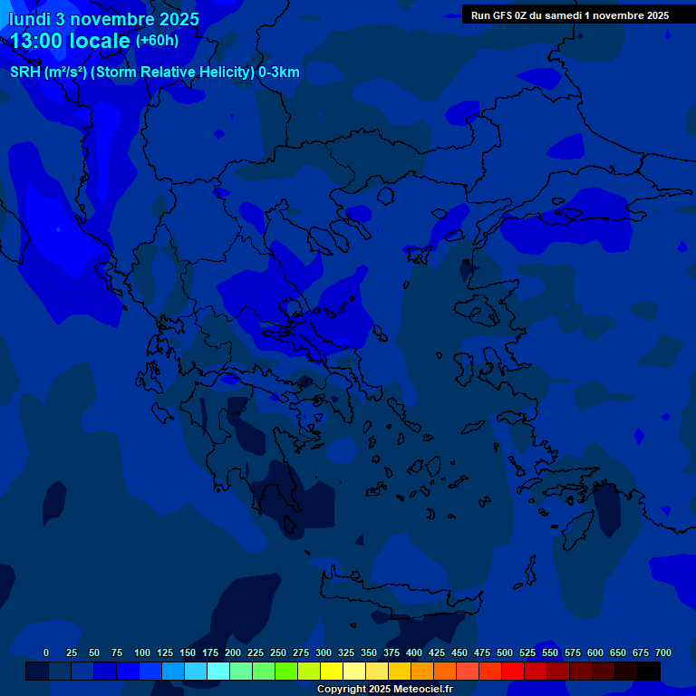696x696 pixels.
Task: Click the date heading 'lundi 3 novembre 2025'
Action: tap(103, 19)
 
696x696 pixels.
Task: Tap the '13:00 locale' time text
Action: tap(71, 41)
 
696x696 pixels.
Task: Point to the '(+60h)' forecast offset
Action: tap(157, 41)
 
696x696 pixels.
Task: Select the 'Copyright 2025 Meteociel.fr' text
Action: tap(384, 690)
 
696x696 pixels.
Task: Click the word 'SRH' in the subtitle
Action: tap(25, 72)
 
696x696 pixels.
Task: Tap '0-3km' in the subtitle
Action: tap(279, 72)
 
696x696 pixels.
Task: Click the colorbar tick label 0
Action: tap(46, 652)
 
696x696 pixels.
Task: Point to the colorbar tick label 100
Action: tap(142, 652)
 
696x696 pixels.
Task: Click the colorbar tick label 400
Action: tap(414, 652)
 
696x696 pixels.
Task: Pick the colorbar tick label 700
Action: tap(663, 652)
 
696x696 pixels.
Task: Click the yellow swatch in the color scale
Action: tap(332, 672)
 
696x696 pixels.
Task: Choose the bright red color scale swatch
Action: tap(513, 672)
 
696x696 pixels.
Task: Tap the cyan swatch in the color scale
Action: tap(218, 672)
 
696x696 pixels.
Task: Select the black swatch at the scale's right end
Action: tap(649, 672)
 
